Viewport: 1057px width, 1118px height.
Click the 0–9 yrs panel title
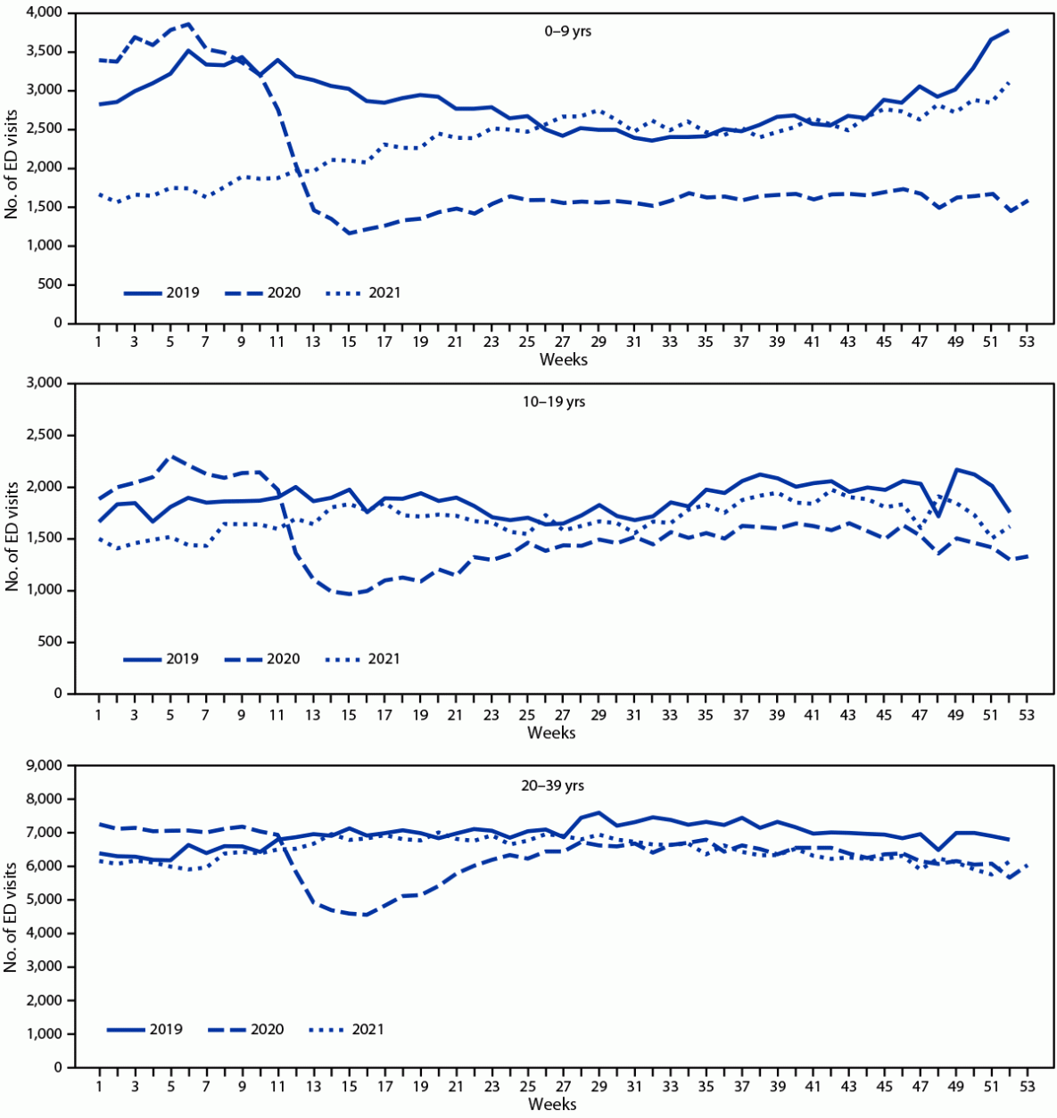567,31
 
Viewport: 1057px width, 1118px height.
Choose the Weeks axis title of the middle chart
551,733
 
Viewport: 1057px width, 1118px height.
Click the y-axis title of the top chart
12,168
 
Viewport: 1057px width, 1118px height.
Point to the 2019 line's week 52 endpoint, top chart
1008,30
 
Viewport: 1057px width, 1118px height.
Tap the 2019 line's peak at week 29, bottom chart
598,812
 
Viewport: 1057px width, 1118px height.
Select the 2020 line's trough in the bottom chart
366,915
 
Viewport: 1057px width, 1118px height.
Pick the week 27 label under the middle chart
562,715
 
